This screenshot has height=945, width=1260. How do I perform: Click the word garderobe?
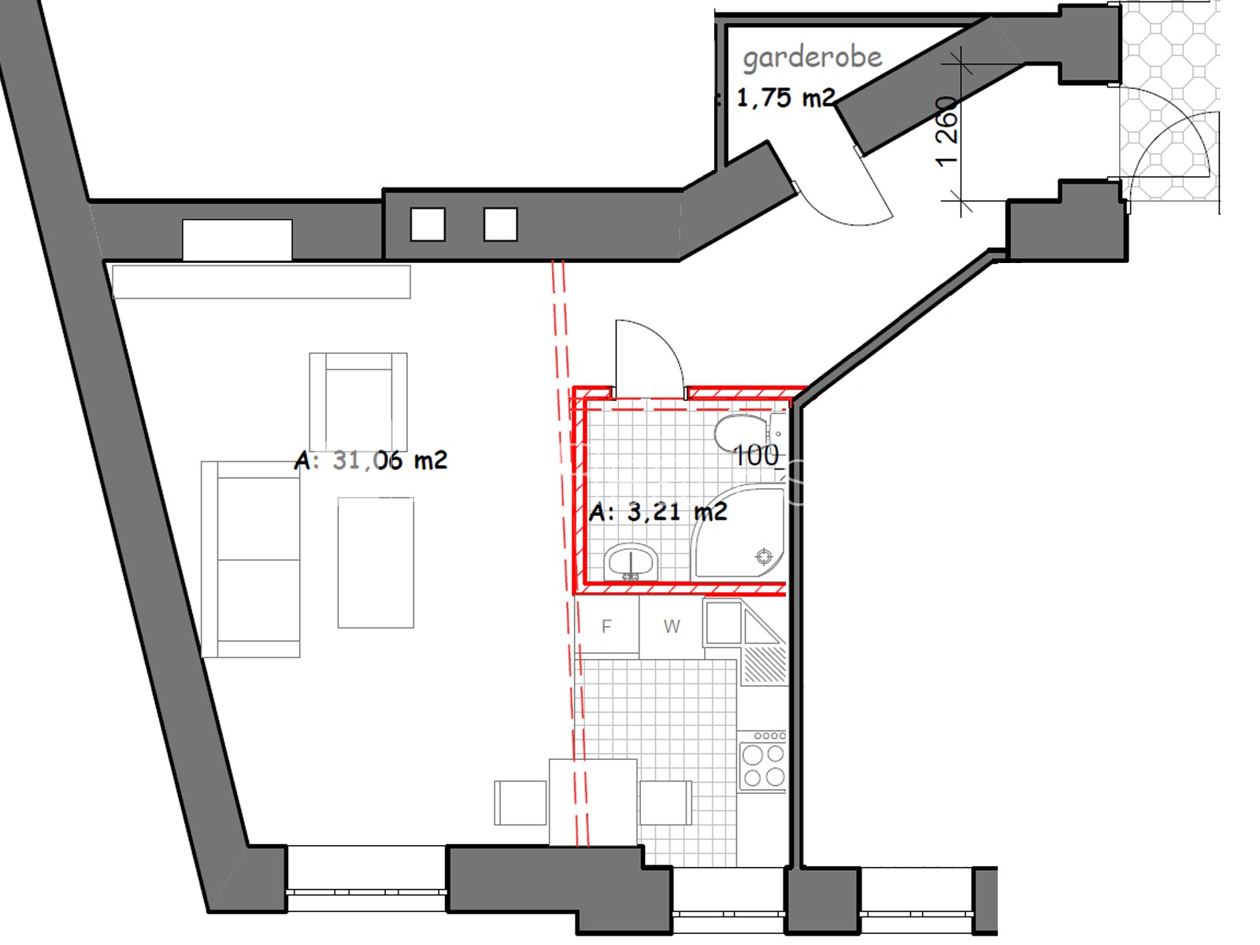[812, 58]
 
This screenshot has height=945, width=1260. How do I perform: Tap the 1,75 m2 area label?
[785, 98]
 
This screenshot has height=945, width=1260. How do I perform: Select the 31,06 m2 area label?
[390, 460]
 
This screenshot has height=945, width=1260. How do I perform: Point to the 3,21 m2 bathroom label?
[677, 511]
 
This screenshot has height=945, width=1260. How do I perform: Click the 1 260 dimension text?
[947, 132]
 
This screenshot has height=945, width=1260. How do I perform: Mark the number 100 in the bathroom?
[757, 456]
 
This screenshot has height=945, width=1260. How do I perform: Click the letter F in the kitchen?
[606, 626]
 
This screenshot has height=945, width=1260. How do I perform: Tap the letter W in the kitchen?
[672, 626]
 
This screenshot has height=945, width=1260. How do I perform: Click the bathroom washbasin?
[631, 561]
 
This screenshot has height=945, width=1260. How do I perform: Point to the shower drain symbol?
[764, 556]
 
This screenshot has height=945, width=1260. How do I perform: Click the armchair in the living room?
[358, 402]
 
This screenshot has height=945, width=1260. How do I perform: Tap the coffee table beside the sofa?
[376, 562]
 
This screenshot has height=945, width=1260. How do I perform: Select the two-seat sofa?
[251, 559]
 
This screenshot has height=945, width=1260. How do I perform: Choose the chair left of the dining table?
[520, 802]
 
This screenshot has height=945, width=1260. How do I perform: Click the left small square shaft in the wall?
[428, 224]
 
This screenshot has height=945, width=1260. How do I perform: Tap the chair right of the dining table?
[666, 802]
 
